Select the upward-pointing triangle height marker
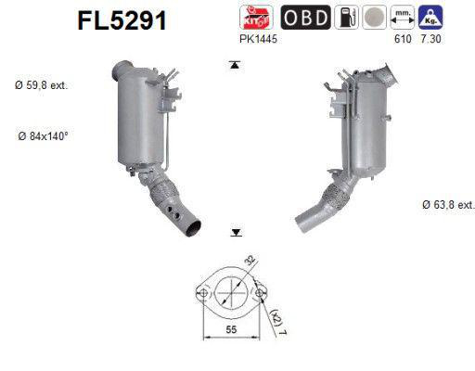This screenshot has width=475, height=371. click(x=236, y=64)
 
